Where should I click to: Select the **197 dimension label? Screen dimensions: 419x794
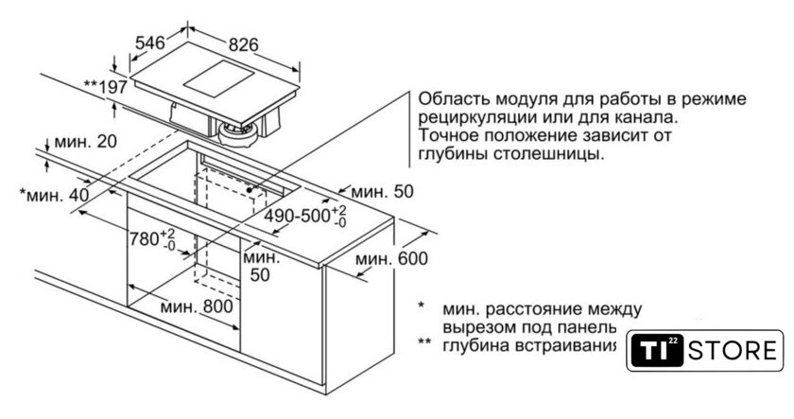(x=105, y=87)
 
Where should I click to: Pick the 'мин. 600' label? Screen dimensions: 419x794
(x=391, y=259)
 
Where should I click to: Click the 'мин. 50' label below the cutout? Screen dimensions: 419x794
(x=261, y=266)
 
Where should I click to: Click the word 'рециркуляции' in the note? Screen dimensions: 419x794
(x=472, y=117)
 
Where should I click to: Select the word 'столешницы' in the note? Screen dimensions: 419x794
(x=556, y=153)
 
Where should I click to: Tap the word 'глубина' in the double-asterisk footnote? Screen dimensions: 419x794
(x=477, y=344)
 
